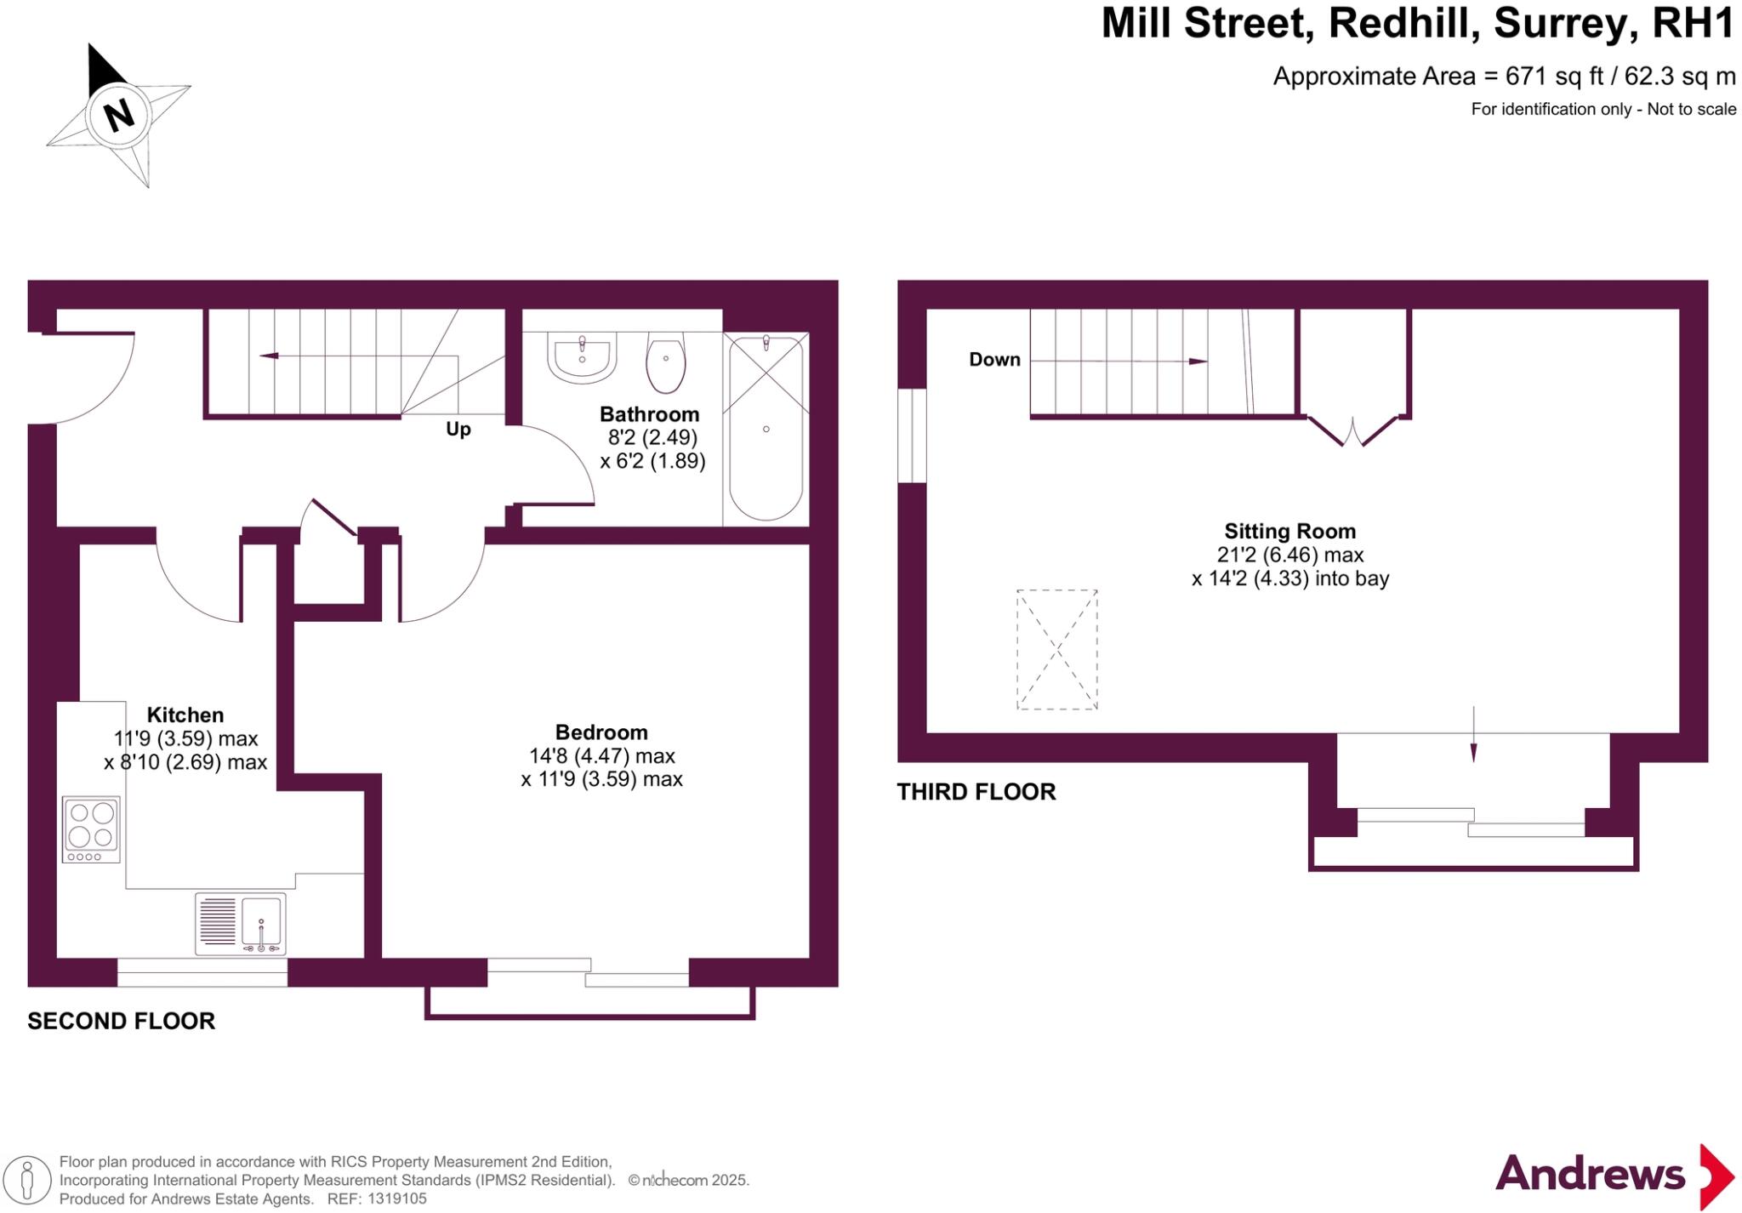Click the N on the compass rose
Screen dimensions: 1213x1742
(119, 114)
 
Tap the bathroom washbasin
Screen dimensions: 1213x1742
(582, 359)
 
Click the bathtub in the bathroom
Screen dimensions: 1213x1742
(766, 428)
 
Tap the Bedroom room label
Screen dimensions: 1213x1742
(601, 732)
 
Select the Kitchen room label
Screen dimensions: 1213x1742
(185, 715)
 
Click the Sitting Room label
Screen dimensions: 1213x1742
(1289, 532)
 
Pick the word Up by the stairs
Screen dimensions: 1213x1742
(458, 429)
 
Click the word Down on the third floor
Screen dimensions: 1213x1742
(994, 360)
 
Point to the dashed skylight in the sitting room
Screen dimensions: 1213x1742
(1056, 650)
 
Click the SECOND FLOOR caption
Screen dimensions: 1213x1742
(122, 1021)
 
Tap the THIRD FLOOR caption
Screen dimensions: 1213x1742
(976, 792)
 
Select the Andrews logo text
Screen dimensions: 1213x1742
(1590, 1175)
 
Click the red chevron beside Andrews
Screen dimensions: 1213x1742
(1716, 1176)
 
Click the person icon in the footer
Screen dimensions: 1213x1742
(27, 1181)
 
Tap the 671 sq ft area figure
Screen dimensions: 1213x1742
(1554, 77)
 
